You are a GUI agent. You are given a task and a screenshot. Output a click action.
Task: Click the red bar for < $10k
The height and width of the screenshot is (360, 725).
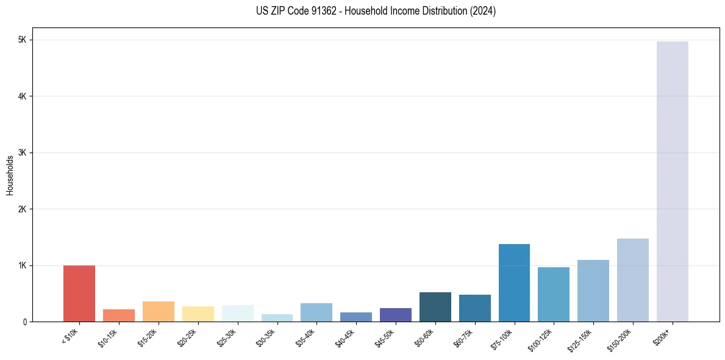point(79,293)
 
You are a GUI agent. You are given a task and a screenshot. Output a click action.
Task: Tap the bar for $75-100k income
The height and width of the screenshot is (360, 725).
point(514,283)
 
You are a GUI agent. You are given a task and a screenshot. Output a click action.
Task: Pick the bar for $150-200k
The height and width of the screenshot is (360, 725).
point(632,280)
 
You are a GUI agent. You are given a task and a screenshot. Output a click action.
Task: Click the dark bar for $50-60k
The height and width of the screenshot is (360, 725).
point(435,307)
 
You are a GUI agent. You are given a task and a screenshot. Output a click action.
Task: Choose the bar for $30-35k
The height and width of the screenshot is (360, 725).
point(277,318)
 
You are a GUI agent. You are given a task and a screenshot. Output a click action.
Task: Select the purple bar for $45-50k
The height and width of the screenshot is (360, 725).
point(396,315)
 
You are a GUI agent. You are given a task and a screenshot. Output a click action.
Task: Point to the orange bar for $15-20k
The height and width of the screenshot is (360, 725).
point(159,311)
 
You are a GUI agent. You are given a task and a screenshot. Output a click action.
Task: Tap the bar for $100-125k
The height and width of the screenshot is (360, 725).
point(554,294)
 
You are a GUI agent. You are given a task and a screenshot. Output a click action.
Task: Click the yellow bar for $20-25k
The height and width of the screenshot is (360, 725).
point(198,314)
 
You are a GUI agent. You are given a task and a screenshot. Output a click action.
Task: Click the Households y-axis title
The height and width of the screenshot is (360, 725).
point(10,175)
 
